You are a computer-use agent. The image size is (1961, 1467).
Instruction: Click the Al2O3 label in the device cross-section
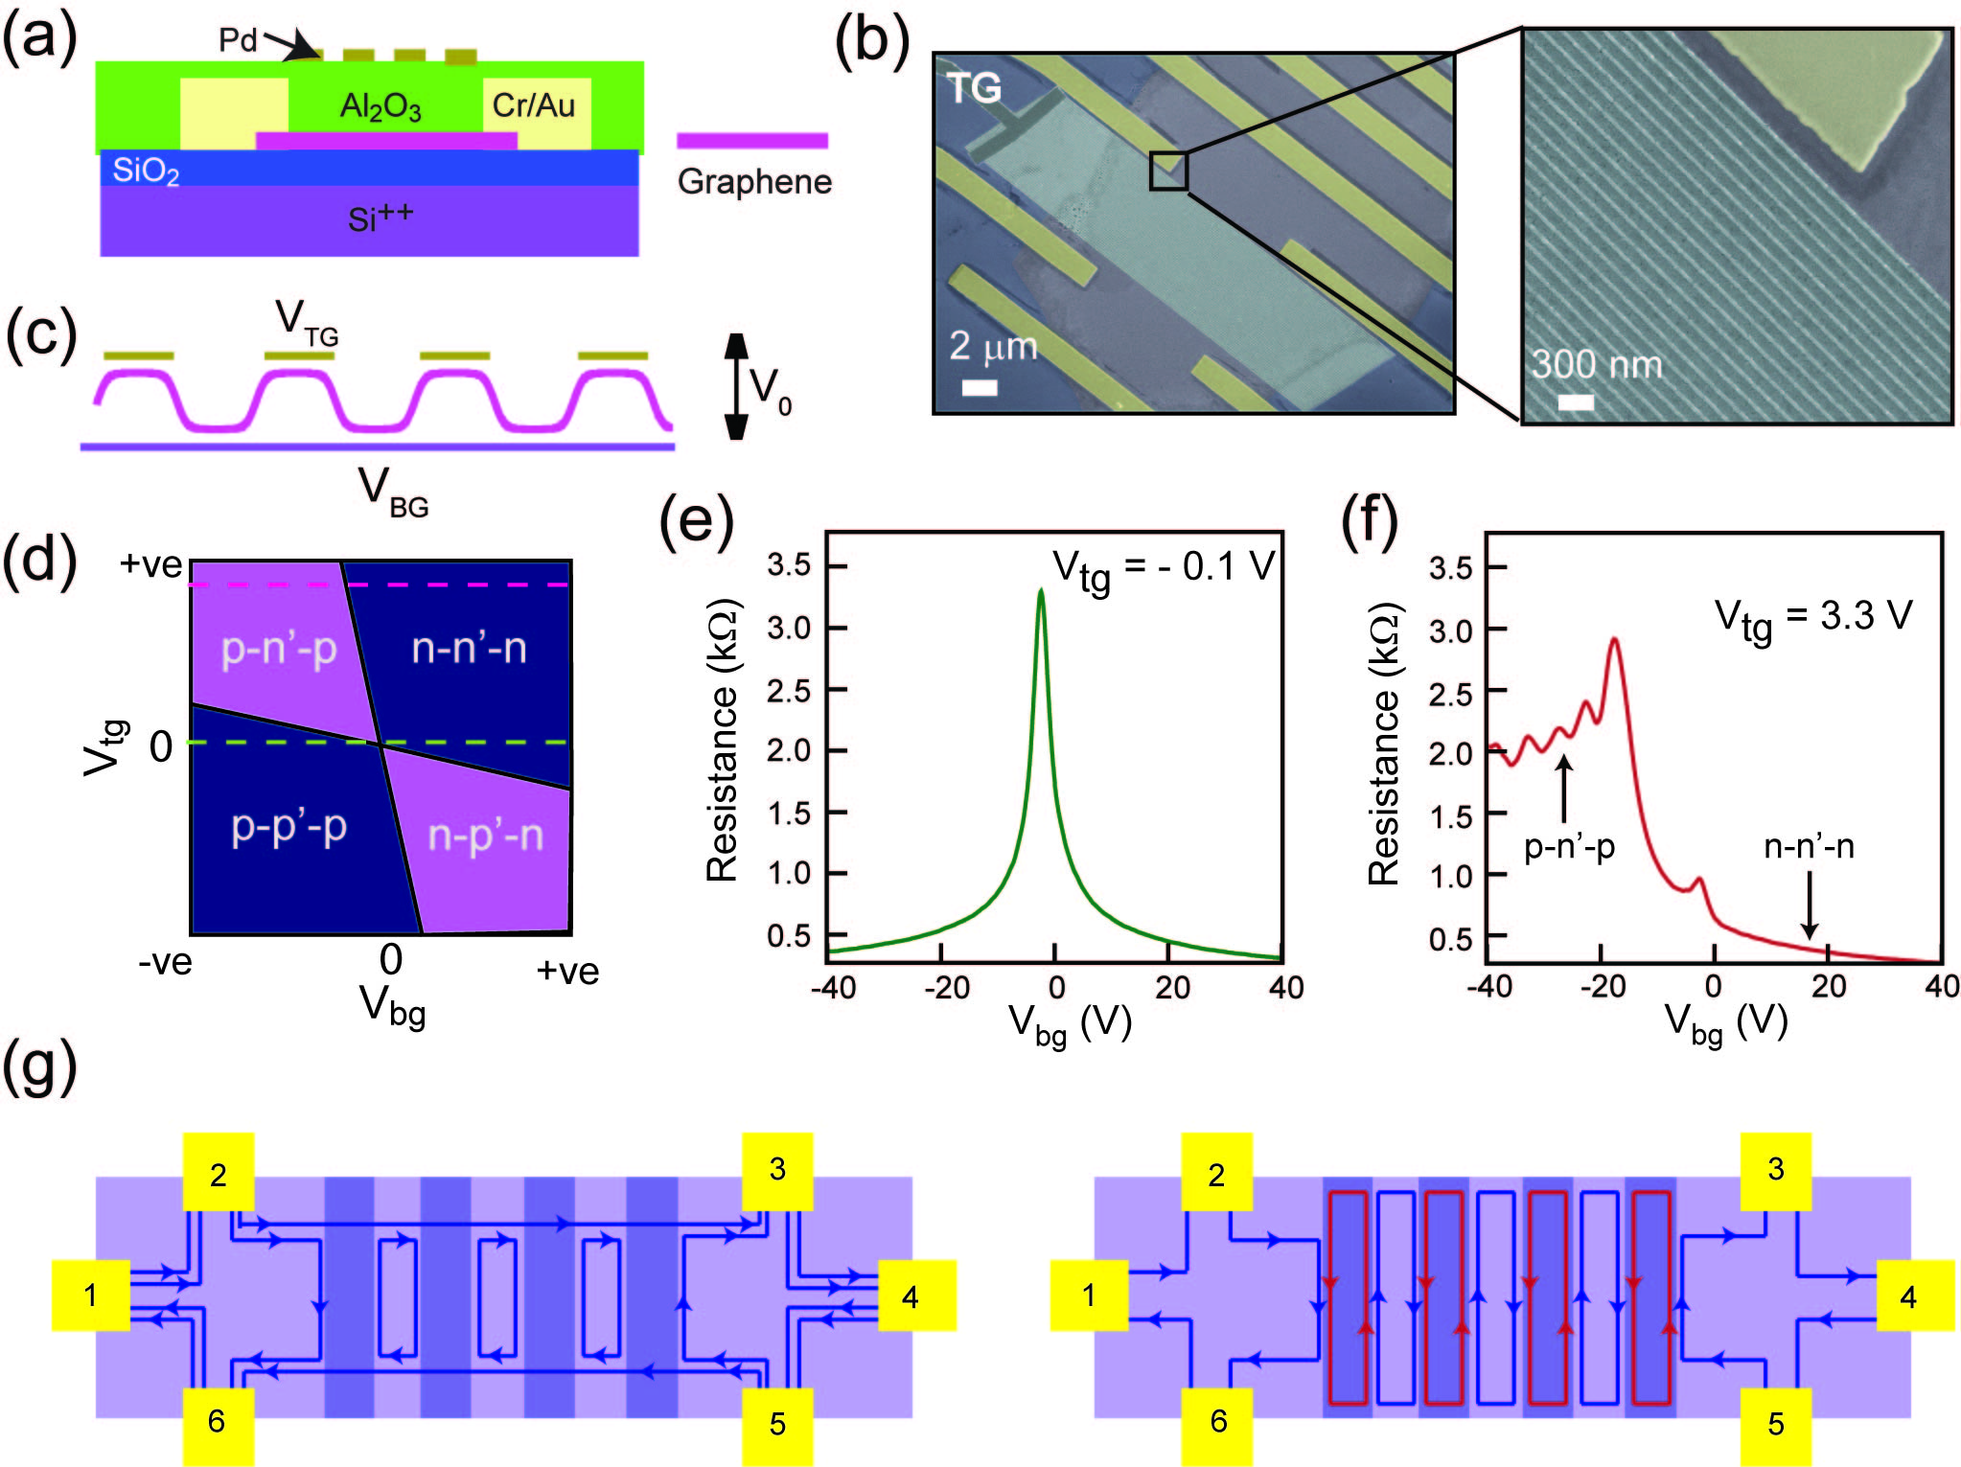tap(381, 106)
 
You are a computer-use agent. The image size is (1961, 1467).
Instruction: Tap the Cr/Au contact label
tap(533, 104)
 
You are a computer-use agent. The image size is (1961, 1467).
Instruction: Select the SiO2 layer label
tap(146, 171)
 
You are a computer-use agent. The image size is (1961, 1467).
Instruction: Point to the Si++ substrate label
tap(380, 218)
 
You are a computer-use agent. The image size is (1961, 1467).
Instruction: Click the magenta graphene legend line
tap(751, 141)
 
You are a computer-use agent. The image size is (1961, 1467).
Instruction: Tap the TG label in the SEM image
tap(974, 88)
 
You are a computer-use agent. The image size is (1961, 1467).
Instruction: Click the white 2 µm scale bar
tap(979, 387)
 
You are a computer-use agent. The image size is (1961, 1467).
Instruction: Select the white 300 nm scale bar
tap(1576, 402)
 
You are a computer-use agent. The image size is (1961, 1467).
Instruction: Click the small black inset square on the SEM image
tap(1168, 171)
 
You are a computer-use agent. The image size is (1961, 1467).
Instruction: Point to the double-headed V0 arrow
tap(736, 386)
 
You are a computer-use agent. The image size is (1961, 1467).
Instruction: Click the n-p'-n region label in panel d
tap(485, 835)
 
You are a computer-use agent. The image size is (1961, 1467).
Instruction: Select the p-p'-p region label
tap(288, 826)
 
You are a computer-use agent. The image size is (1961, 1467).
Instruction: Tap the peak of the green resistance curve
tap(1041, 592)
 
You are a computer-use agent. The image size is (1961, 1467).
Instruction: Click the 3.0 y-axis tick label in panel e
tap(789, 628)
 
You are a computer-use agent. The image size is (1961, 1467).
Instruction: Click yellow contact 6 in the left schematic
tap(218, 1421)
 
